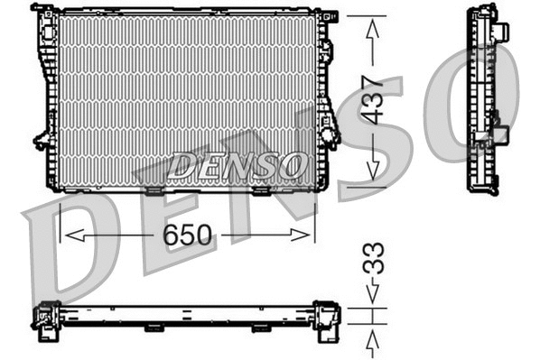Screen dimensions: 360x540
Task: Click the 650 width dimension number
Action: pyautogui.click(x=188, y=236)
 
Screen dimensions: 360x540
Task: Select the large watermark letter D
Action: pyautogui.click(x=68, y=257)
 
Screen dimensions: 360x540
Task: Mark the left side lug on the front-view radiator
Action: pyautogui.click(x=42, y=140)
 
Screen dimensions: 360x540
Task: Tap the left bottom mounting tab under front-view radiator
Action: pyautogui.click(x=154, y=190)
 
